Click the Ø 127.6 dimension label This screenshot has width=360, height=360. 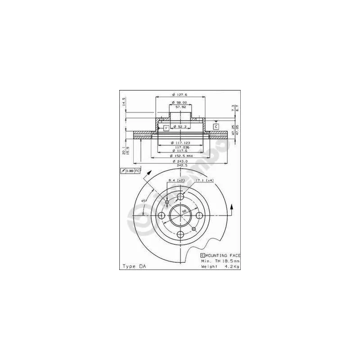(x=179, y=94)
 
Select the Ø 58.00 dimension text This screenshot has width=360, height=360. (x=180, y=103)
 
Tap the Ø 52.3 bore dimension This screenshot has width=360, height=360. (x=180, y=127)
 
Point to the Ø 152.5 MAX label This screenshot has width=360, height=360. (x=180, y=155)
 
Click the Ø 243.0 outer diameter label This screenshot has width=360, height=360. (x=180, y=161)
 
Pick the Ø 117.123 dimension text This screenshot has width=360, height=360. (x=180, y=143)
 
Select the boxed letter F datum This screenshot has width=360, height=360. (x=166, y=128)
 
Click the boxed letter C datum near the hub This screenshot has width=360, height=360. (x=216, y=126)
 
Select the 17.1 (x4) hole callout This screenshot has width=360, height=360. (x=204, y=181)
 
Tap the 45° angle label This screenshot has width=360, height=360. (x=144, y=201)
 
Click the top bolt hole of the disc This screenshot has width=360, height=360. (x=180, y=197)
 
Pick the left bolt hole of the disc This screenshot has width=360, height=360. (x=160, y=216)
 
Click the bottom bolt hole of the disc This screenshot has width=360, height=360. (x=180, y=234)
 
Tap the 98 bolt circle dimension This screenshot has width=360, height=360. (x=184, y=210)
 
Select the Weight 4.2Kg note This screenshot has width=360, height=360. (x=220, y=266)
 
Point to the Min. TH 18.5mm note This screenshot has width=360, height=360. (x=220, y=261)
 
